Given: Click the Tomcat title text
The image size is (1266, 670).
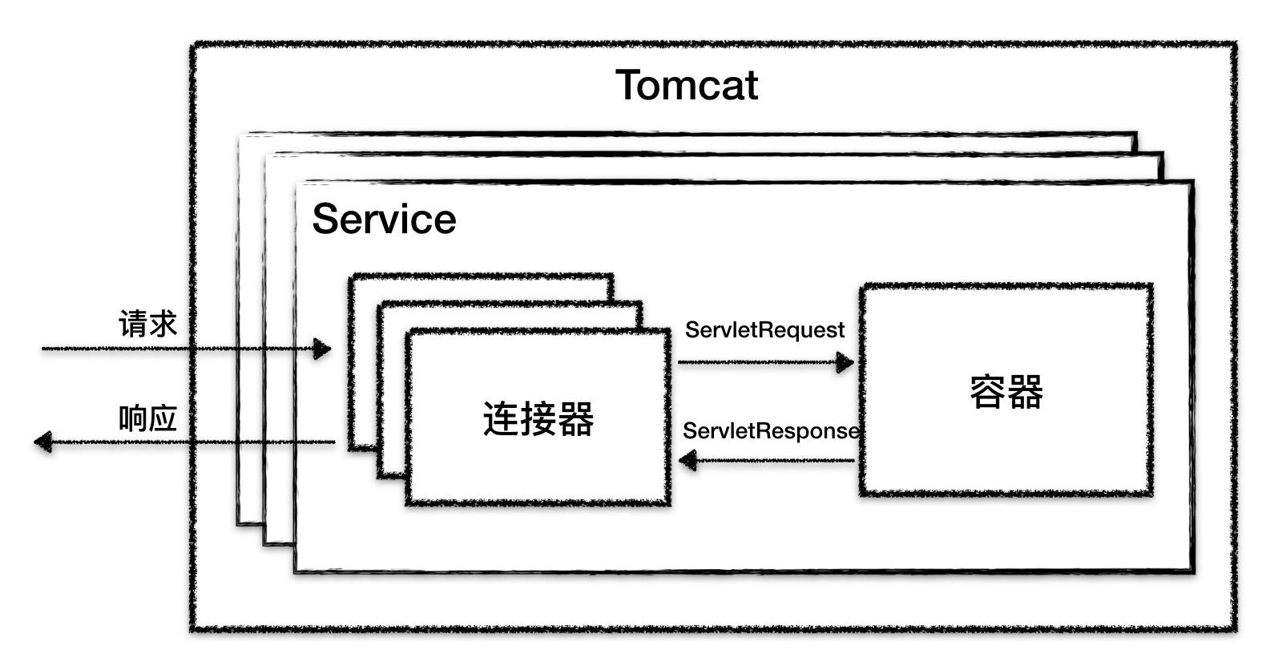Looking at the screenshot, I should point(686,85).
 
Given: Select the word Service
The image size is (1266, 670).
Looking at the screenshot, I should point(384,219).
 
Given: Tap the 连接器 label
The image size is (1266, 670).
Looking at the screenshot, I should point(538,418).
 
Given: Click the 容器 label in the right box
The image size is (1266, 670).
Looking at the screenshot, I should point(1006,392).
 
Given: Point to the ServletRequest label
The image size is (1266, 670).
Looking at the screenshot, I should point(764,330).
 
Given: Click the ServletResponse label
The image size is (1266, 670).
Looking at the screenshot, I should point(770,431).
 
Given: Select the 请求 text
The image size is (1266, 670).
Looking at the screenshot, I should point(147,325).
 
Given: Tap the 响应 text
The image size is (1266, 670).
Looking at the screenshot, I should point(147,418).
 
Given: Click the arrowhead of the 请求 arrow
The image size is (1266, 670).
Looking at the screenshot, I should point(322,349).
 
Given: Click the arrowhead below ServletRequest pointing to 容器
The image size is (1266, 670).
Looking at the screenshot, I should point(845,362).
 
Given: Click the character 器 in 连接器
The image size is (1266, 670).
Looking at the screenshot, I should point(575,418).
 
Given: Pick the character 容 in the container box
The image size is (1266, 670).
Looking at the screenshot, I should point(987,392).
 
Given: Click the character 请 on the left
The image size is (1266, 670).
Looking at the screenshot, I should point(133,325).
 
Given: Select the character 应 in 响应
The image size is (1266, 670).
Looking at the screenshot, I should point(163,418).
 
